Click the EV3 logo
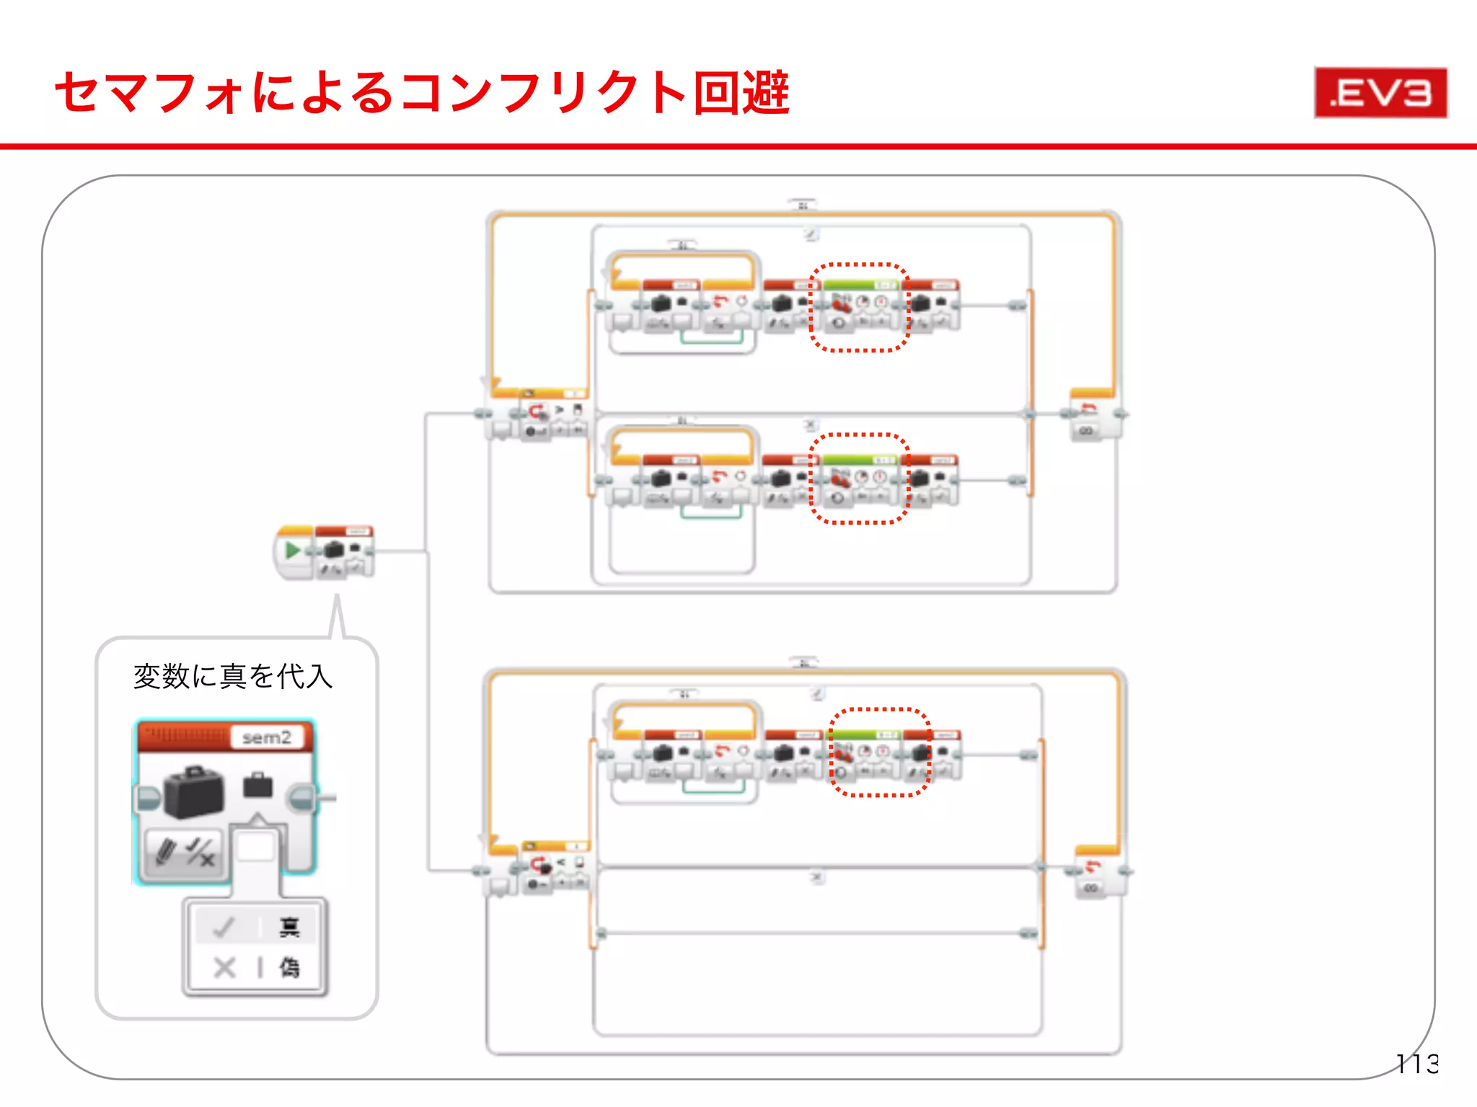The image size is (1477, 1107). (1380, 92)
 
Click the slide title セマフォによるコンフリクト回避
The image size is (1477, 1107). (422, 92)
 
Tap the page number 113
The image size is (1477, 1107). (1416, 1063)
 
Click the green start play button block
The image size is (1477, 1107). (293, 551)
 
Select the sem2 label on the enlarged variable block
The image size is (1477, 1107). (266, 737)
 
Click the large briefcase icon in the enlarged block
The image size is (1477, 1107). (193, 793)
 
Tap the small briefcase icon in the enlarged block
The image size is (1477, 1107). (257, 786)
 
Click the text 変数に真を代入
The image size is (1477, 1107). (232, 676)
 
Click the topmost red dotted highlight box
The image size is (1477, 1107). (858, 307)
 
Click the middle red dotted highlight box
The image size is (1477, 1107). (858, 479)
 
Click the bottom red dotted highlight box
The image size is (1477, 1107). (879, 752)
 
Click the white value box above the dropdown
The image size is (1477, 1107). (255, 846)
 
